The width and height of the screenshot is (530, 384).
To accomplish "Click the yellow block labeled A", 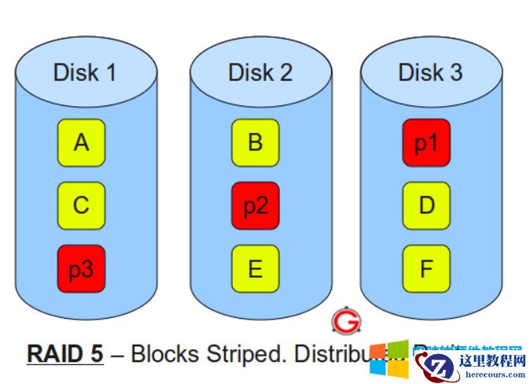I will point(81,142).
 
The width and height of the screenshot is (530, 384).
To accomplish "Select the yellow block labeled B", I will point(255,142).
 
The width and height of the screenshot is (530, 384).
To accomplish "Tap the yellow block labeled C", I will point(81,205).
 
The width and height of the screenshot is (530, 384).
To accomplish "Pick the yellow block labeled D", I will point(426,205).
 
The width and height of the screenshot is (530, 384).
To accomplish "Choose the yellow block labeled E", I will point(255,268).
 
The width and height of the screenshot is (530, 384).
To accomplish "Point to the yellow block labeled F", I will point(426,268).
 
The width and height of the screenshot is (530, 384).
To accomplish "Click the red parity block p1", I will point(426,142).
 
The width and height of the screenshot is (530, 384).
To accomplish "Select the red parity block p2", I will point(255,205).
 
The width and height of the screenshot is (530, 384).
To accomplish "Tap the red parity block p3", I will point(81,268).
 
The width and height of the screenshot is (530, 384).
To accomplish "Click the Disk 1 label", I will point(84,72).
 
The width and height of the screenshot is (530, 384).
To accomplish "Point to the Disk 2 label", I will point(259,72).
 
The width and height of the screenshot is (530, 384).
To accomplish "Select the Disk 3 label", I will point(430,72).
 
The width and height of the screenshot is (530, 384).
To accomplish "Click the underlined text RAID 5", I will point(65,353).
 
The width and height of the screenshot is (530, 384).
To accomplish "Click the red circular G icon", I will point(344,321).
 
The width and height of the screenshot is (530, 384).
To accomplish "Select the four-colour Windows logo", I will point(389,361).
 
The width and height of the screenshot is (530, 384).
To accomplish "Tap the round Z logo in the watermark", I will point(438,365).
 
